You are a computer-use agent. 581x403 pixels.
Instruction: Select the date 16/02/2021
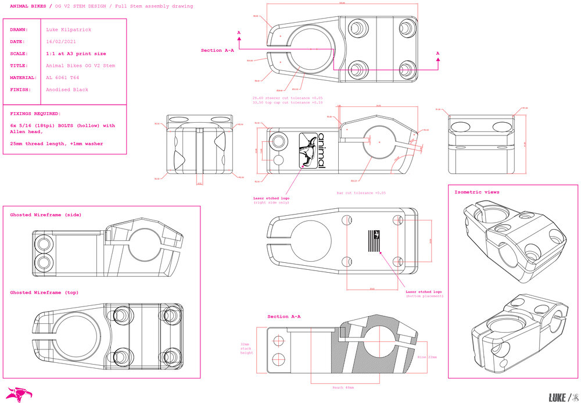(x=60, y=41)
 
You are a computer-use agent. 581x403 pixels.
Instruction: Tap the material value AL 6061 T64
(x=62, y=77)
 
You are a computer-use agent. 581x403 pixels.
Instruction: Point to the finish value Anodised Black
(x=67, y=90)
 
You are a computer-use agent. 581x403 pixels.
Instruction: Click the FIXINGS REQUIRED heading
(x=35, y=113)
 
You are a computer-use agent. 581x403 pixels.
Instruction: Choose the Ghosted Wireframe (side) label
(x=45, y=215)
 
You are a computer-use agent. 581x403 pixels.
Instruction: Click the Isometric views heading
(x=476, y=192)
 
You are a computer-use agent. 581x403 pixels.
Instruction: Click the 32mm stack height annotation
(x=246, y=348)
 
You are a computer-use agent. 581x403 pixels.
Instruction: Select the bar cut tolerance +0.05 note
(x=361, y=192)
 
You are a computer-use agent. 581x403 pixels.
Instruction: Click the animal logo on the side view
(x=313, y=151)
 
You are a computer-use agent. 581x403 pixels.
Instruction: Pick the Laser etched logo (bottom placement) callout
(x=424, y=294)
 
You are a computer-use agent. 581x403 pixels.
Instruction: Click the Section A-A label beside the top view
(x=217, y=51)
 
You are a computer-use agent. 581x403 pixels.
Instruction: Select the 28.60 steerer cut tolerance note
(x=288, y=98)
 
